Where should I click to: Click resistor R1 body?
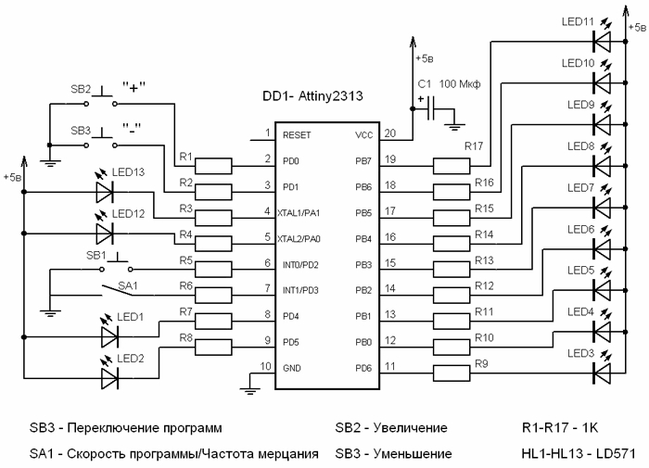pyautogui.click(x=213, y=166)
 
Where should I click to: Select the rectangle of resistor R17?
pyautogui.click(x=452, y=166)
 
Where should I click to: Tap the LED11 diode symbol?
pyautogui.click(x=602, y=42)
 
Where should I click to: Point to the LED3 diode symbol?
pyautogui.click(x=602, y=373)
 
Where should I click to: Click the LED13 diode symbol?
pyautogui.click(x=105, y=192)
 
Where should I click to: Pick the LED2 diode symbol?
pyautogui.click(x=110, y=378)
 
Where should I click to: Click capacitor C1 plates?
pyautogui.click(x=430, y=108)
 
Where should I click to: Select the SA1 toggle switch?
pyautogui.click(x=117, y=290)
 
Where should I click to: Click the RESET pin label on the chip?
pyautogui.click(x=297, y=135)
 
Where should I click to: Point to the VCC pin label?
pyautogui.click(x=363, y=135)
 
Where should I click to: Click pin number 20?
pyautogui.click(x=390, y=133)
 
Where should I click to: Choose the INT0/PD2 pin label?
pyautogui.click(x=300, y=265)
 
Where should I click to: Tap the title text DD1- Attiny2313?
pyautogui.click(x=313, y=96)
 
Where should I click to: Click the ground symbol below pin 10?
pyautogui.click(x=249, y=388)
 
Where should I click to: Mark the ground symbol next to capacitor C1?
pyautogui.click(x=454, y=124)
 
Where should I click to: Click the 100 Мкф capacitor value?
pyautogui.click(x=460, y=84)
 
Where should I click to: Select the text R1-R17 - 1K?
pyautogui.click(x=560, y=427)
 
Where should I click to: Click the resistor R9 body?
pyautogui.click(x=452, y=373)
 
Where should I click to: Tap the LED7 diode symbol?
pyautogui.click(x=602, y=208)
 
